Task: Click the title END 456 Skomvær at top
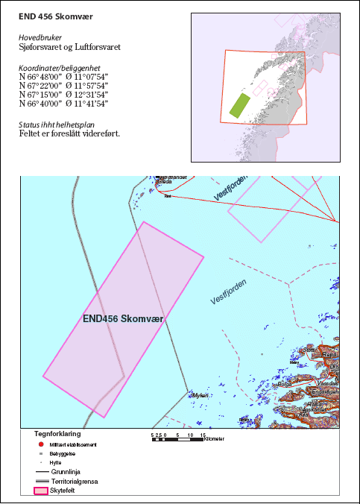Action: click(x=51, y=15)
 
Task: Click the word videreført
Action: click(x=98, y=133)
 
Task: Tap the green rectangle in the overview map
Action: click(x=240, y=105)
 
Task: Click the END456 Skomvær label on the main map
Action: click(x=124, y=318)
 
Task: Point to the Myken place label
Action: click(x=200, y=396)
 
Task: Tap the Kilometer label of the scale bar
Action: click(x=216, y=439)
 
